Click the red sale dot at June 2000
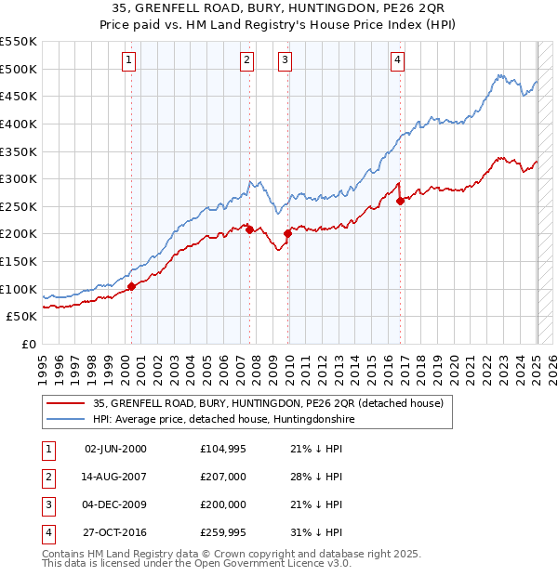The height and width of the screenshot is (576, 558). point(131,286)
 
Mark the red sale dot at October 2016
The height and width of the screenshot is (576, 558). point(400,201)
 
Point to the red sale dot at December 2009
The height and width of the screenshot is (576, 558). point(287,233)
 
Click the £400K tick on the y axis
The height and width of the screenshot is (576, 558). point(19,124)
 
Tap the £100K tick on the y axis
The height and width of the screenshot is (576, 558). point(19,289)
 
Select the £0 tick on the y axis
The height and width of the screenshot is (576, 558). point(29,345)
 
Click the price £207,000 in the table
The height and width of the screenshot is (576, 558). point(223,478)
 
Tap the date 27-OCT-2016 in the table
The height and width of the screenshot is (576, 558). point(115,532)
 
